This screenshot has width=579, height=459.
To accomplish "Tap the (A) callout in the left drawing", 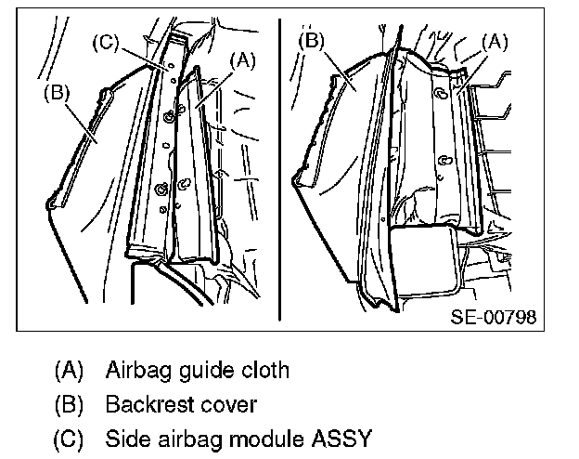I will [240, 60].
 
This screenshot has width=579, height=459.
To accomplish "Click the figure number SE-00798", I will [493, 316].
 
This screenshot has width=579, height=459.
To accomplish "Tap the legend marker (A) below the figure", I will [69, 371].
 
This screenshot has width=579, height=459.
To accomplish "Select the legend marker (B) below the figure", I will [69, 405].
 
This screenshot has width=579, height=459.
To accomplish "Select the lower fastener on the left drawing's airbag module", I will [161, 190].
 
